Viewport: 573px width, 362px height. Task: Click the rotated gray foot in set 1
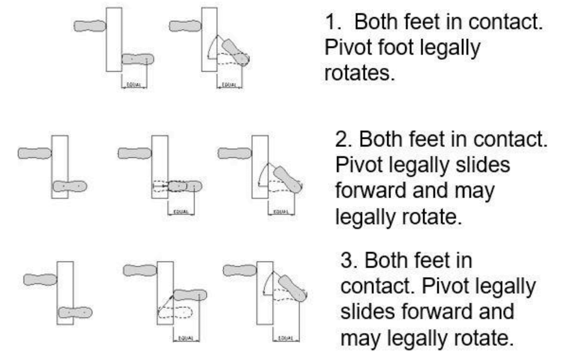235,52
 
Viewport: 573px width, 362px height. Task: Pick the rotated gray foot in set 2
288,179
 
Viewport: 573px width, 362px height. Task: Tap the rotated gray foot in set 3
293,288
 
